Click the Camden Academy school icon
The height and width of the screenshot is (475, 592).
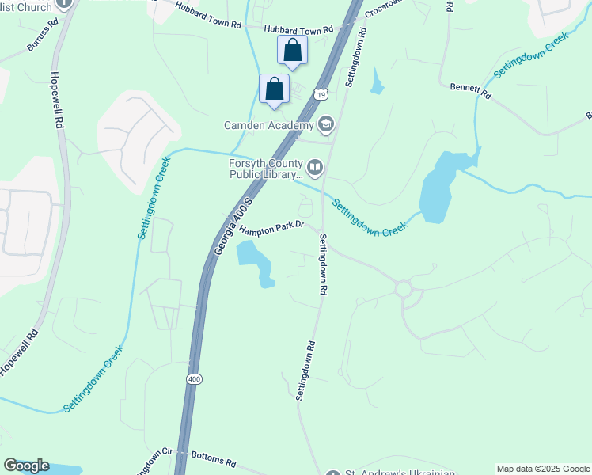coord(326,124)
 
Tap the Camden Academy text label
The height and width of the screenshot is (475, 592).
coord(269,124)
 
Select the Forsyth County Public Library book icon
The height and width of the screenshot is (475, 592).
coord(315,166)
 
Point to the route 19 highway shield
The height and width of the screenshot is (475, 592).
coord(320,95)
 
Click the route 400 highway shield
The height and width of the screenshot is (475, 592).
coord(194,380)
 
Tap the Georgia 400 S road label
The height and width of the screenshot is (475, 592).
coord(233,226)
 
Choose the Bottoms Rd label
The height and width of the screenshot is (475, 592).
coord(214,462)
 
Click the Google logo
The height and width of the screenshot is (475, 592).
coord(26,465)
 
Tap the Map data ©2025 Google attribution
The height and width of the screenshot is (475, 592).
coord(543,469)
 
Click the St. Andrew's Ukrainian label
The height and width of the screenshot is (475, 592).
coord(400,473)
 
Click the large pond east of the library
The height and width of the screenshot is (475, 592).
coord(438,188)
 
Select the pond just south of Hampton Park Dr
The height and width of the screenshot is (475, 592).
coord(256,262)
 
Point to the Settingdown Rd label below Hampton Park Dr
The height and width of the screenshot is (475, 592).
coord(322,264)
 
